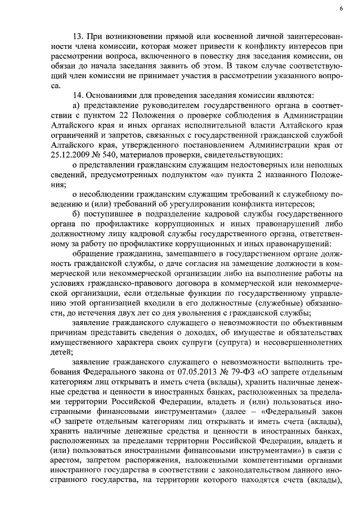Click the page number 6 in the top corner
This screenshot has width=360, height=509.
341,9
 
